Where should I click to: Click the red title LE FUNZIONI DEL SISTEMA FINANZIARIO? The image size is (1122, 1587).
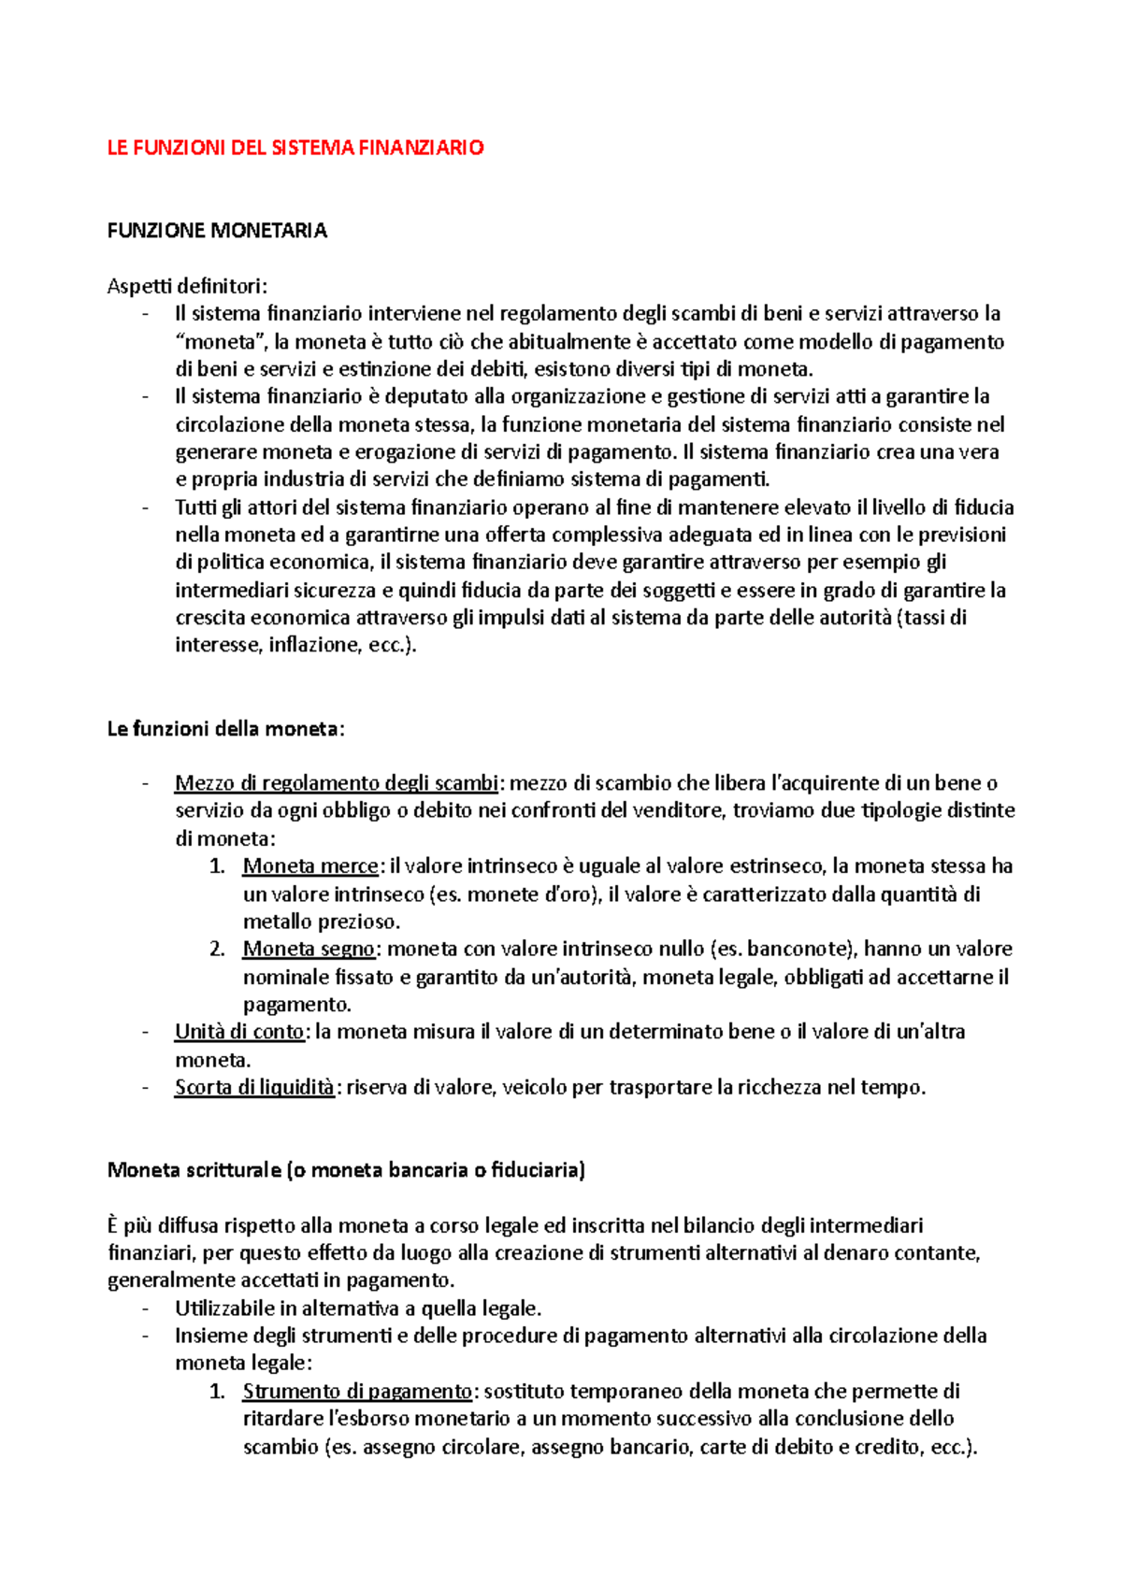click(295, 148)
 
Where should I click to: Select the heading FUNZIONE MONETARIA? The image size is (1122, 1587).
click(217, 231)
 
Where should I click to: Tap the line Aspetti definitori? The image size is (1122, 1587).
click(187, 286)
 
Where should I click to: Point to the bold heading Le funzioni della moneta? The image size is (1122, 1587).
click(225, 729)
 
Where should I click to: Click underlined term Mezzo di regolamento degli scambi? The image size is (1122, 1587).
click(338, 783)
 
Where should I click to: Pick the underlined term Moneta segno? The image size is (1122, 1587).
click(309, 950)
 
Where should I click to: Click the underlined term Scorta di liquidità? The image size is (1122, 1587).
click(254, 1088)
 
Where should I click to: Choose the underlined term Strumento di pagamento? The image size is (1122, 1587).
click(357, 1392)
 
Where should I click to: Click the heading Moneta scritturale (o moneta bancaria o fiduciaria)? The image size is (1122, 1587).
click(346, 1170)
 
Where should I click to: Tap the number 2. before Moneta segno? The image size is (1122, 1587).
click(217, 950)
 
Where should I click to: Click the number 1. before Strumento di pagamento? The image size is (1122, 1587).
click(217, 1392)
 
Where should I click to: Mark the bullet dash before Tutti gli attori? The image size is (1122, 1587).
click(146, 508)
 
